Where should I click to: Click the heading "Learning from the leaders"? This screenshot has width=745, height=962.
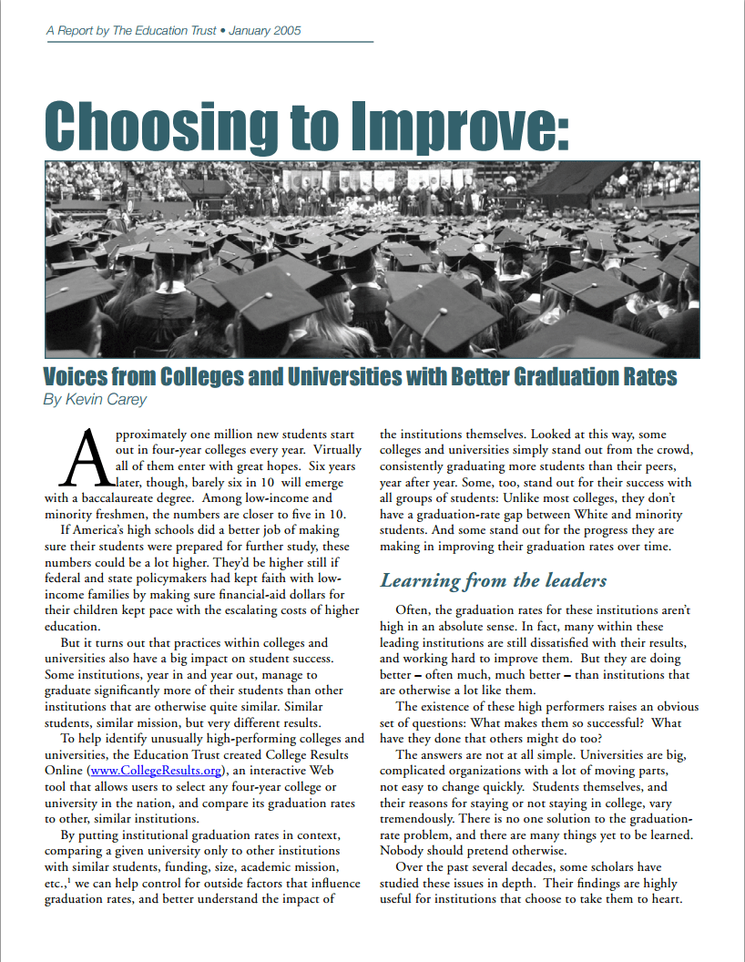(493, 580)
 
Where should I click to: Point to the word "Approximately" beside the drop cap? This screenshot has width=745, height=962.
(151, 434)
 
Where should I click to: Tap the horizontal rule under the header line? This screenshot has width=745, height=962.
(209, 42)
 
